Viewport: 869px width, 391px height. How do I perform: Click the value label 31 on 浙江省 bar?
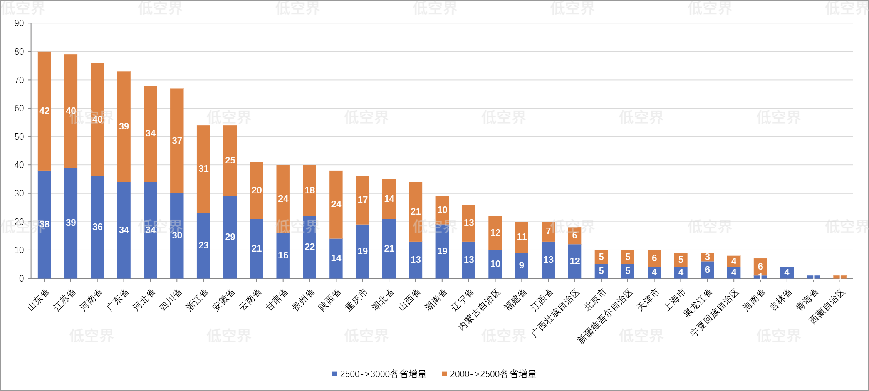pyautogui.click(x=203, y=169)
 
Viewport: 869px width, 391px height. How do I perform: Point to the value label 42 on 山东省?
pyautogui.click(x=44, y=111)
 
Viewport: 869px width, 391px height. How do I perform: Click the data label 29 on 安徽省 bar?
pyautogui.click(x=230, y=237)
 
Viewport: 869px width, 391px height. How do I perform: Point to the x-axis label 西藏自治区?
pyautogui.click(x=827, y=306)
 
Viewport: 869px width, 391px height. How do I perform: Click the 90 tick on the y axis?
pyautogui.click(x=19, y=23)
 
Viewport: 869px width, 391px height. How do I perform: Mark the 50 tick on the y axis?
pyautogui.click(x=19, y=137)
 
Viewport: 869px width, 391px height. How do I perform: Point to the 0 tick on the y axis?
pyautogui.click(x=22, y=279)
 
